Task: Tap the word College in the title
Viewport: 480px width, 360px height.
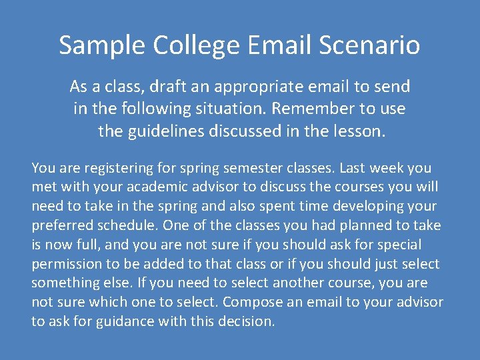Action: (x=197, y=45)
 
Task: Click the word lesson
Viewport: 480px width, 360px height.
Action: (x=361, y=131)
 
